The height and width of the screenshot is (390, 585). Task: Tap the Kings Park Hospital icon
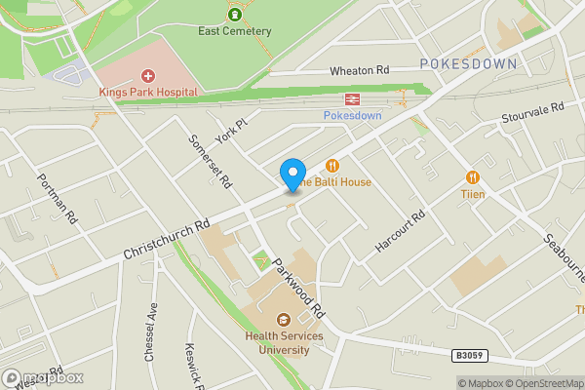coord(148,75)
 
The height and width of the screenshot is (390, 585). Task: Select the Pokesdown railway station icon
coord(350,98)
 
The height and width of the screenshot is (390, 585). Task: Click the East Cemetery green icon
coord(234,14)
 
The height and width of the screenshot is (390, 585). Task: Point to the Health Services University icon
coord(284,320)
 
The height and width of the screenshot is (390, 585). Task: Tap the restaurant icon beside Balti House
coord(332,166)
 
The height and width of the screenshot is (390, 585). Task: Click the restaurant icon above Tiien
coord(473,176)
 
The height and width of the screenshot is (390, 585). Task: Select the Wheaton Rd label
coord(359,71)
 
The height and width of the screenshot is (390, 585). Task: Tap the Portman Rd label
coord(57,198)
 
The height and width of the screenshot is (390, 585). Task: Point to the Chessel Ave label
coord(151,332)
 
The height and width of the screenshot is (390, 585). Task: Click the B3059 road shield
coord(470,357)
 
